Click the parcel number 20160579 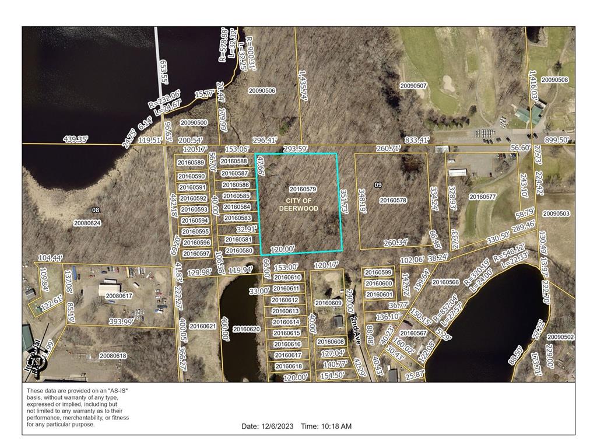pyautogui.click(x=303, y=189)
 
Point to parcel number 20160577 pyautogui.click(x=482, y=197)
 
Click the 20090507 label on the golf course pyautogui.click(x=413, y=86)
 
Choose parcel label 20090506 pyautogui.click(x=262, y=90)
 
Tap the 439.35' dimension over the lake pyautogui.click(x=76, y=139)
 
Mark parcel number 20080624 pyautogui.click(x=87, y=223)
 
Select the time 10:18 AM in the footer pyautogui.click(x=326, y=426)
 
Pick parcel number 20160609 pyautogui.click(x=328, y=303)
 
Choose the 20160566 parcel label pyautogui.click(x=445, y=282)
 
